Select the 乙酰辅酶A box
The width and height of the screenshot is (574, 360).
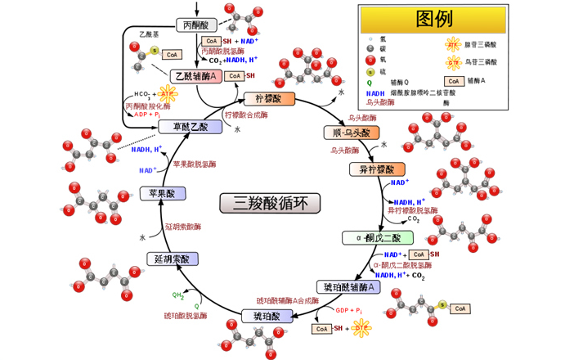197,76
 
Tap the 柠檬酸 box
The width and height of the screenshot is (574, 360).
268,99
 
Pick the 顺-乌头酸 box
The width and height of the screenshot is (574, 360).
351,133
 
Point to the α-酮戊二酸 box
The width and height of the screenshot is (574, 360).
372,238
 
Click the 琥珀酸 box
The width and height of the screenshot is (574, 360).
267,316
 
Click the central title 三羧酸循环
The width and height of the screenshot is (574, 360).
271,202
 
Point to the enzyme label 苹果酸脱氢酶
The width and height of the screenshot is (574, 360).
195,164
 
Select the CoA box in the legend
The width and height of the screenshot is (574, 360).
453,81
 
